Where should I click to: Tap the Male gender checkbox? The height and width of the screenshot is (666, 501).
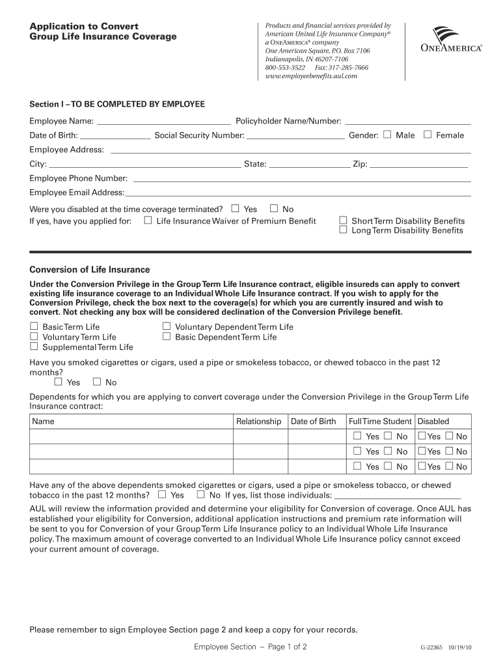click(388, 135)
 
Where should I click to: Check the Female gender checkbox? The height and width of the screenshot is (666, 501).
click(427, 135)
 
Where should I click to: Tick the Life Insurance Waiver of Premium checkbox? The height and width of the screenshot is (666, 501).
click(148, 220)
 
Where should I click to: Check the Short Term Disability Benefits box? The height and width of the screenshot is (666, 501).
click(343, 220)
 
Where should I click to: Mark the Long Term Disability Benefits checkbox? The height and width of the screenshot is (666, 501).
click(343, 230)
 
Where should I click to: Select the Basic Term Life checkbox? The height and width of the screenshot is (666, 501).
click(34, 326)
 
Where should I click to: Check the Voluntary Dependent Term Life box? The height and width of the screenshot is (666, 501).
click(167, 326)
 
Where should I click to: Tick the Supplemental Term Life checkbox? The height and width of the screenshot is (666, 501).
click(34, 347)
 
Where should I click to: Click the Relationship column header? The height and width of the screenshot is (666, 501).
click(258, 421)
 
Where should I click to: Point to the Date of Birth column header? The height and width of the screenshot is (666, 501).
click(313, 421)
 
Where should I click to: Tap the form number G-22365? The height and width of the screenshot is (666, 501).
click(432, 648)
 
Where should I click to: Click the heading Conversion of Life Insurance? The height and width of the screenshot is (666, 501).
click(90, 269)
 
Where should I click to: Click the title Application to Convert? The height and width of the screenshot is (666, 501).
click(84, 26)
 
